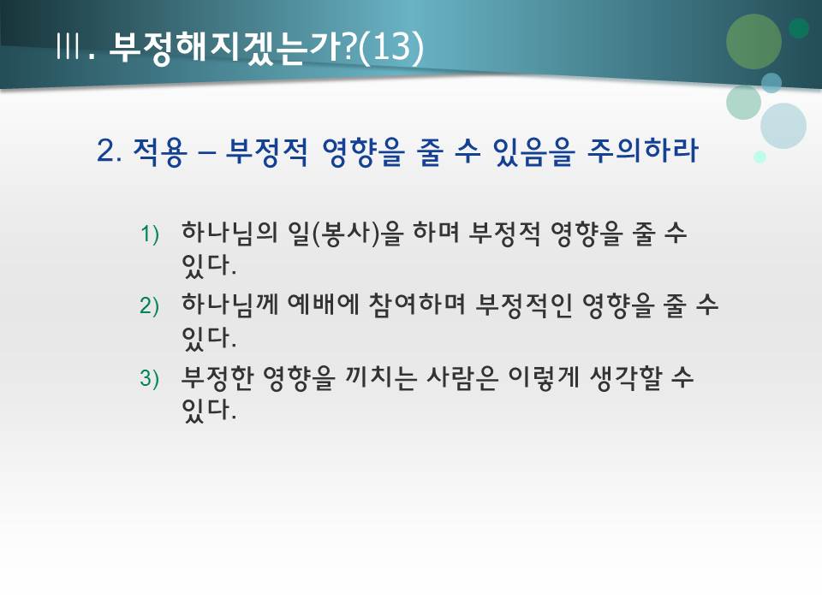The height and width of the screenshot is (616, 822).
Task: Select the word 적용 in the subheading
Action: tap(158, 153)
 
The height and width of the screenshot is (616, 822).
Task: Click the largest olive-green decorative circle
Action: tap(753, 41)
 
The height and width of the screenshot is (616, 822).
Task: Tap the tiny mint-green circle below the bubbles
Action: tap(759, 157)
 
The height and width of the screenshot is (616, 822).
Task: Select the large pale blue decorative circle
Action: tap(783, 126)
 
